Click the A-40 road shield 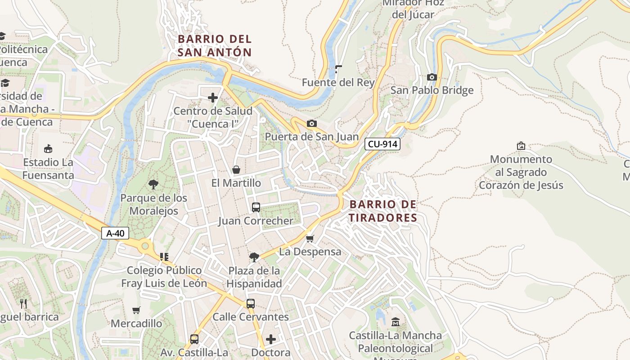pyautogui.click(x=115, y=233)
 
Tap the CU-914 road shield pyautogui.click(x=382, y=144)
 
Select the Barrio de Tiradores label pyautogui.click(x=383, y=211)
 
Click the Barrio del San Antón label pyautogui.click(x=214, y=45)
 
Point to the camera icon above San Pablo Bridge pyautogui.click(x=432, y=77)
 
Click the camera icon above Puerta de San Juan pyautogui.click(x=311, y=123)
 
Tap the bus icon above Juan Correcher pyautogui.click(x=256, y=207)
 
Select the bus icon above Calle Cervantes pyautogui.click(x=251, y=303)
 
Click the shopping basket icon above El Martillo pyautogui.click(x=236, y=170)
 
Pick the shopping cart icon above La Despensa pyautogui.click(x=310, y=238)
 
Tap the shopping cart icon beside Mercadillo pyautogui.click(x=136, y=310)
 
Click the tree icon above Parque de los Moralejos pyautogui.click(x=153, y=184)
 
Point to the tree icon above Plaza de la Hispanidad pyautogui.click(x=254, y=257)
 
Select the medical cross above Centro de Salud pyautogui.click(x=212, y=97)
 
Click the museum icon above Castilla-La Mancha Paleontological pyautogui.click(x=396, y=322)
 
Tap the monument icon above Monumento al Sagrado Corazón pyautogui.click(x=521, y=146)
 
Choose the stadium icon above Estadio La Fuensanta pyautogui.click(x=48, y=148)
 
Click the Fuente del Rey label pyautogui.click(x=338, y=82)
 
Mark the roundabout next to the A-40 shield pyautogui.click(x=145, y=246)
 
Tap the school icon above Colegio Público pyautogui.click(x=164, y=257)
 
